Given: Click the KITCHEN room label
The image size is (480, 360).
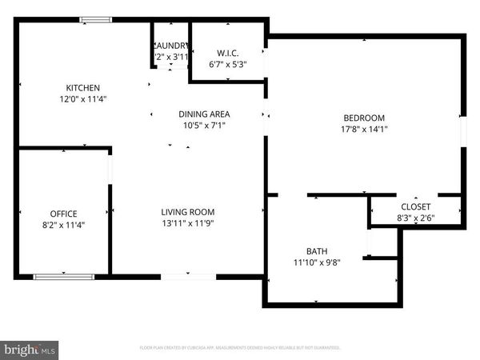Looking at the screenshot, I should coord(83,88).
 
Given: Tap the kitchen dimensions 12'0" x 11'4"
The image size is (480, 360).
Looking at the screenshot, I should coord(83,99).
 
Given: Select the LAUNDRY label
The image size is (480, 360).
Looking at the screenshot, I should coord(170,46).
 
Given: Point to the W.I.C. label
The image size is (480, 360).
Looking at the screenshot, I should coord(228,54).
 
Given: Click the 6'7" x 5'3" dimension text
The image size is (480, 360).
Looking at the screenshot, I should coord(228,66).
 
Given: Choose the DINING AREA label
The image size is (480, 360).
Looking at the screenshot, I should coord(205,114).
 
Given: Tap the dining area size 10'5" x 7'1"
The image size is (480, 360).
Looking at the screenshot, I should coord(205,126).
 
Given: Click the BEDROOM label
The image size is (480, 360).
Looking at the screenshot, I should coord(364,117).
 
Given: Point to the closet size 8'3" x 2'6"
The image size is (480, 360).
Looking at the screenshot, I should coord(415,218).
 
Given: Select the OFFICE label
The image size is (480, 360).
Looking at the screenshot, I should coord(63,214).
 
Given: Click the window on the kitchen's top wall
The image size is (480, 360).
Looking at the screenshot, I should coord(95,21).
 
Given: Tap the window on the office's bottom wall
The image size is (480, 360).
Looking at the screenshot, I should coord(62,277).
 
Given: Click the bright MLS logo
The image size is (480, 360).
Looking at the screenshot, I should coord(30,350).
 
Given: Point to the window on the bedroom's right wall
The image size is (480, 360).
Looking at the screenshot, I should coord(462,132).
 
